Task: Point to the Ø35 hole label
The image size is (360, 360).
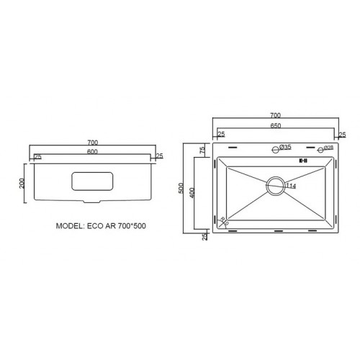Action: [x=285, y=148]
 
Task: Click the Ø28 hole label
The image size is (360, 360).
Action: [x=327, y=148]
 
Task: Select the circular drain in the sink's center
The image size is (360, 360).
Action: [x=275, y=185]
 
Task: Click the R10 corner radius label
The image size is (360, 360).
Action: [x=223, y=222]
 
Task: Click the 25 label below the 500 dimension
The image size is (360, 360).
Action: [x=204, y=236]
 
